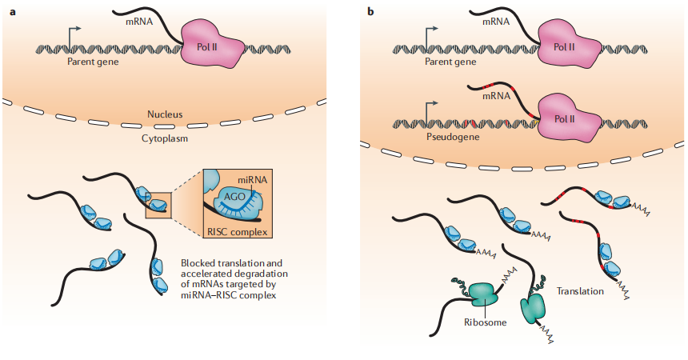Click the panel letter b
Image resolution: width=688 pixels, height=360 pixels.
pyautogui.click(x=370, y=10)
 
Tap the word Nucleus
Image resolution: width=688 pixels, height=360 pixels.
pyautogui.click(x=165, y=115)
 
